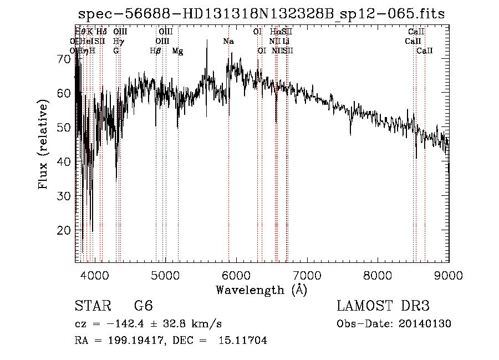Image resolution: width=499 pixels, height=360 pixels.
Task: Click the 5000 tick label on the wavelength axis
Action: click(x=165, y=275)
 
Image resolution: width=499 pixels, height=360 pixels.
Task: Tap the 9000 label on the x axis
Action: click(x=449, y=275)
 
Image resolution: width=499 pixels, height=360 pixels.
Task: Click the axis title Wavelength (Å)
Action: click(x=261, y=290)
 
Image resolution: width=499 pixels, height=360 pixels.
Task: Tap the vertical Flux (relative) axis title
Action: click(x=44, y=145)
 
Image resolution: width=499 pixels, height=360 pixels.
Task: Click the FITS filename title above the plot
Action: click(x=261, y=14)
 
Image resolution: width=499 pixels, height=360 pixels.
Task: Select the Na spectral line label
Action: click(x=228, y=42)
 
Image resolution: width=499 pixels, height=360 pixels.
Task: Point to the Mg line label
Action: click(x=177, y=51)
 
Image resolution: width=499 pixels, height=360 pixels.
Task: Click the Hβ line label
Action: click(x=155, y=51)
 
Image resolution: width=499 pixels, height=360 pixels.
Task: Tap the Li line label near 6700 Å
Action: click(x=286, y=42)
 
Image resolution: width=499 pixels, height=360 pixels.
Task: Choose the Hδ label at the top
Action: click(x=101, y=32)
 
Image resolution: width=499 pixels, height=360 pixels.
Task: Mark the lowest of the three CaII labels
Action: click(x=425, y=51)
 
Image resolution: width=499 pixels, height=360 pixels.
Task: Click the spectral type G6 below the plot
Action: click(x=143, y=306)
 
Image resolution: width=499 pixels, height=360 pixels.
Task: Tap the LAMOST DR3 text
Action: click(x=383, y=306)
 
